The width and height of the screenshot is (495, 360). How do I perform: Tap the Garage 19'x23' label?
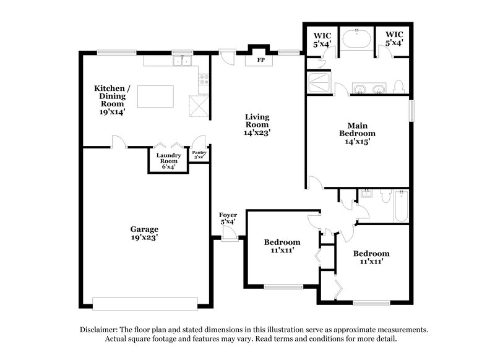144,233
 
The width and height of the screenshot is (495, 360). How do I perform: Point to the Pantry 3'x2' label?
199,155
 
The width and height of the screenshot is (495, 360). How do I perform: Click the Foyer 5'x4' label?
228,218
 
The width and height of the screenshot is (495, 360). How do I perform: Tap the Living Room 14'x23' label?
257,124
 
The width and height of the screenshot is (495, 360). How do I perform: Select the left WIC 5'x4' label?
322,39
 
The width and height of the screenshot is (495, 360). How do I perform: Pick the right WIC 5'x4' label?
394,39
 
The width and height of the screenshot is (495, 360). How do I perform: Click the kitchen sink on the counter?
181,61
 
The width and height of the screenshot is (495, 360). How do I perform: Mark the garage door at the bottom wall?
144,304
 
